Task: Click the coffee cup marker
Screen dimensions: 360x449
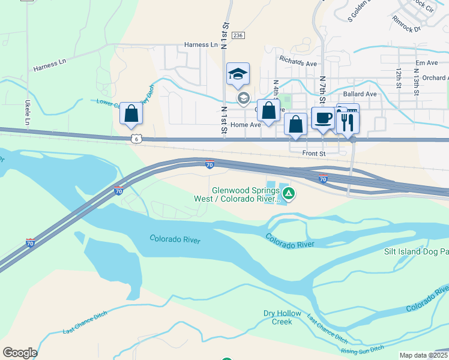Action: point(324,118)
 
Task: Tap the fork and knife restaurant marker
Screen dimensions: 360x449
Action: point(348,122)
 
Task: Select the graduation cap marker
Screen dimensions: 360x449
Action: point(238,75)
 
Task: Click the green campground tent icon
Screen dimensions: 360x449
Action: point(289,193)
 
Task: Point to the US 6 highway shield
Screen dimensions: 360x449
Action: point(137,139)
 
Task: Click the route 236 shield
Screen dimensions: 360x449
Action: point(238,36)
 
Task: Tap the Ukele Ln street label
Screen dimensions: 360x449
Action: point(27,113)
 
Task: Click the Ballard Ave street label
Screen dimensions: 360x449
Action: point(360,94)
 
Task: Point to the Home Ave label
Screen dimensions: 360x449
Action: point(246,125)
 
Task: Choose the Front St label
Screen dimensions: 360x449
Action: point(313,154)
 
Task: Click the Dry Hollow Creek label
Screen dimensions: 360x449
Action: point(277,317)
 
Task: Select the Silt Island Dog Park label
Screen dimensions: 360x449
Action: point(416,252)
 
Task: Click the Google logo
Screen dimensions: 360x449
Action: point(20,353)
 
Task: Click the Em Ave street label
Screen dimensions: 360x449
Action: point(427,63)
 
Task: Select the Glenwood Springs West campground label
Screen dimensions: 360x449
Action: point(237,194)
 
